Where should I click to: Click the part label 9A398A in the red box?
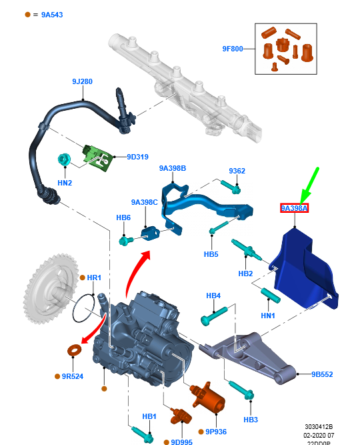pyautogui.click(x=294, y=209)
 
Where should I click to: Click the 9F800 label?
pyautogui.click(x=234, y=49)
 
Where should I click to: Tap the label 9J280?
pyautogui.click(x=82, y=81)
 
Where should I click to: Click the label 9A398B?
pyautogui.click(x=172, y=168)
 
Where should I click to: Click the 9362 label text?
pyautogui.click(x=237, y=171)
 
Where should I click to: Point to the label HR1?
pyautogui.click(x=93, y=277)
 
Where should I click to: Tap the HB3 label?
pyautogui.click(x=250, y=420)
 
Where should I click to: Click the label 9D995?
pyautogui.click(x=181, y=442)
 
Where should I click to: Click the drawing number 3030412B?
pyautogui.click(x=319, y=425)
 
